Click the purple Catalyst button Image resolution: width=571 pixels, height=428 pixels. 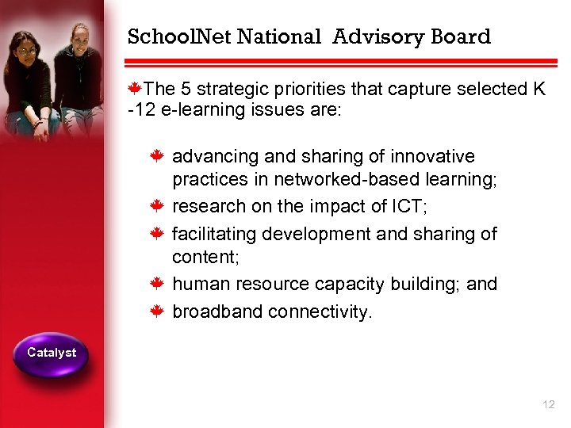pyautogui.click(x=52, y=353)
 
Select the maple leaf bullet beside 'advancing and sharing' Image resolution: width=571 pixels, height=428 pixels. pyautogui.click(x=158, y=156)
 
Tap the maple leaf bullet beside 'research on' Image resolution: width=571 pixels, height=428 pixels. pyautogui.click(x=158, y=207)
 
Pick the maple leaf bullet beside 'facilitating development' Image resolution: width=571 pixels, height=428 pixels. pyautogui.click(x=158, y=233)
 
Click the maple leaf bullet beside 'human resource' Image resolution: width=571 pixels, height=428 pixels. pyautogui.click(x=158, y=284)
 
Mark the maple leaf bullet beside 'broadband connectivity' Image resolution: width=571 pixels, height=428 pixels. pyautogui.click(x=158, y=311)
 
